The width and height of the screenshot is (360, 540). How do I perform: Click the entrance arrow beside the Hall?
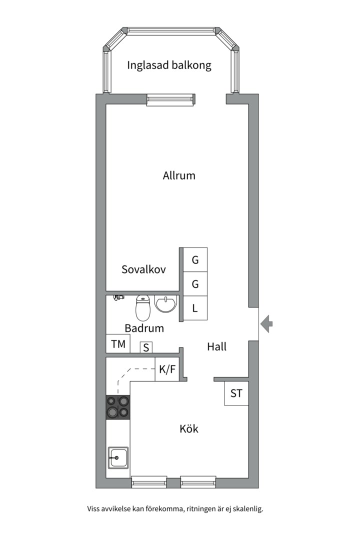tap(266, 324)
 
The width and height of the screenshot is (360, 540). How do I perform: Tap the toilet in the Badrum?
tap(142, 307)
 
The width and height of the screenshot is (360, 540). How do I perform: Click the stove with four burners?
tap(118, 406)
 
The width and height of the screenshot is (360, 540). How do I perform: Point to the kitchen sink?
tap(118, 457)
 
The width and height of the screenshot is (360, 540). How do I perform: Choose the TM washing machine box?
tap(118, 343)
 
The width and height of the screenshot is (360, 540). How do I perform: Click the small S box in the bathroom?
tap(146, 347)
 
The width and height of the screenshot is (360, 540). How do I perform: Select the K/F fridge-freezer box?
tap(167, 369)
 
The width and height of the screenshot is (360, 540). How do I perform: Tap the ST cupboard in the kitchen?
tap(236, 393)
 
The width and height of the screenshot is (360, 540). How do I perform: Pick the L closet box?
tap(195, 308)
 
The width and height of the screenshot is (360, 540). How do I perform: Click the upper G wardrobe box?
tap(195, 259)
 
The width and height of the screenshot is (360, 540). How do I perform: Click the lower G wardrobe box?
tap(195, 284)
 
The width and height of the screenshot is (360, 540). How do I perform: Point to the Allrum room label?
tap(179, 175)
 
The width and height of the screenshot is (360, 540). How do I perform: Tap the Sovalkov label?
tap(143, 269)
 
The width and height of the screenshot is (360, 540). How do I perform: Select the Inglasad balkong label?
tap(169, 65)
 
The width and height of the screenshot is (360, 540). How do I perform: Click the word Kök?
tap(189, 429)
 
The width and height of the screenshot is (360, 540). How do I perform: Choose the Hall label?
tap(216, 346)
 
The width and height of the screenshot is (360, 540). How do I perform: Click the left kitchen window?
tap(149, 482)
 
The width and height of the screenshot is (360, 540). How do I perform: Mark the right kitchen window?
tap(198, 482)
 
